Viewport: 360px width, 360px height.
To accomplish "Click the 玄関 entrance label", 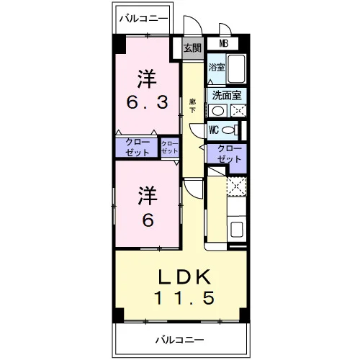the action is [192, 48].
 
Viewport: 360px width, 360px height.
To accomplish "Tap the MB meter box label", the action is [223, 43].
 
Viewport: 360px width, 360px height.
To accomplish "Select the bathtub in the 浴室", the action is [236, 68].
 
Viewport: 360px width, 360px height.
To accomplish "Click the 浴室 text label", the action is [217, 68].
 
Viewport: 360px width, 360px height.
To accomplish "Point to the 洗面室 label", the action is [226, 95].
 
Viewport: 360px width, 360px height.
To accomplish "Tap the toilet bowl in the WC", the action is [228, 130].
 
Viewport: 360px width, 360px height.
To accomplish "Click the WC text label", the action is [214, 130].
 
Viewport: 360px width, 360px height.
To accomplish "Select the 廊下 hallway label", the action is [192, 107].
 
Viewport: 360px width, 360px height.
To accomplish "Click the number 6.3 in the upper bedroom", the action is [148, 103].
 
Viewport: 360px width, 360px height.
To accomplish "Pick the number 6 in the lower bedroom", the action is [148, 220].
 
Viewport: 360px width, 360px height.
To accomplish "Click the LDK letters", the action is [184, 276].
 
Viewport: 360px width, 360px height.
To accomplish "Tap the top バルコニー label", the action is [143, 19].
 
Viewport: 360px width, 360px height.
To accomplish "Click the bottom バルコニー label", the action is [180, 340].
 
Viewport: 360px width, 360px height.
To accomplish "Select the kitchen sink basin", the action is [237, 229].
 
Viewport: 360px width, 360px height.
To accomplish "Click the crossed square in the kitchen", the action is [237, 186].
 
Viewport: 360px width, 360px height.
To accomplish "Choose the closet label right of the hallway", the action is [229, 154].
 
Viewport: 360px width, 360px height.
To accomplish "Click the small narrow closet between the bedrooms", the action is [170, 148].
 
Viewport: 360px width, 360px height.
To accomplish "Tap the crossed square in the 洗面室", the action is [238, 111].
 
